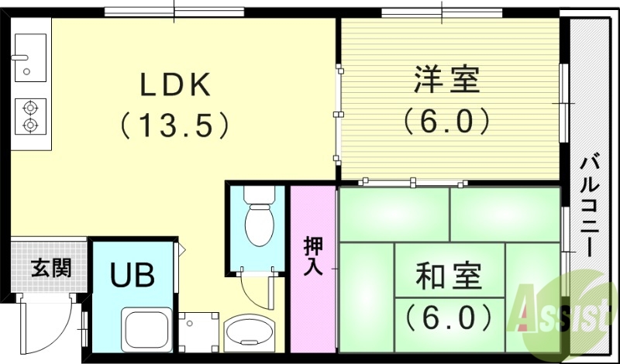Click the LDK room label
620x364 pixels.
point(175,84)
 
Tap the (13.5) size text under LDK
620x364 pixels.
point(174,124)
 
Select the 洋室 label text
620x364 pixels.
point(447,80)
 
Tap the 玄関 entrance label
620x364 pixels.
point(51,269)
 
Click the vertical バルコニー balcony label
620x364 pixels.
point(591,205)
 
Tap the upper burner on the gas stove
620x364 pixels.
point(31,108)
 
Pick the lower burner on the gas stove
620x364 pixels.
point(31,124)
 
